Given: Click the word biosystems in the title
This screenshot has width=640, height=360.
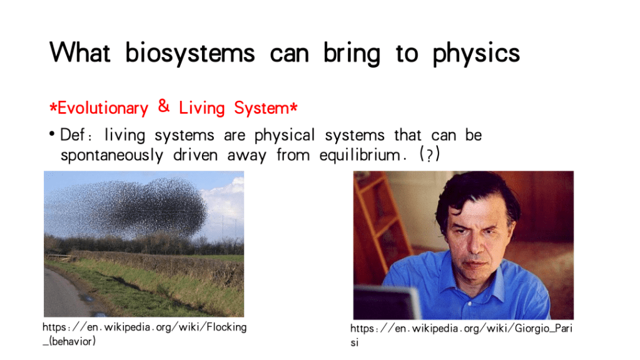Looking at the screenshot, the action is [190, 53].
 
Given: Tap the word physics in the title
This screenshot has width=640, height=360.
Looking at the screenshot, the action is [476, 53].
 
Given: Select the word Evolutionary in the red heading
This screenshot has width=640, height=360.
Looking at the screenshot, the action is [103, 108].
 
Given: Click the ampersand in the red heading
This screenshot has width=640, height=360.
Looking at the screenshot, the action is [164, 106].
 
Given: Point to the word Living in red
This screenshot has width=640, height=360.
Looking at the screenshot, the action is [202, 108].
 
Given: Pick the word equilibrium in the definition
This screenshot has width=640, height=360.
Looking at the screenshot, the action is [360, 155].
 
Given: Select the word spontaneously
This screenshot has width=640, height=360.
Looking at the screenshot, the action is [112, 156].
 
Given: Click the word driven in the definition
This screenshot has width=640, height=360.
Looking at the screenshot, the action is [196, 155].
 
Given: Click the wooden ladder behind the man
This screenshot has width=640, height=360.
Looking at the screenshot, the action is [377, 217].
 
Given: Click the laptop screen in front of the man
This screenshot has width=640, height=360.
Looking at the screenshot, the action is [386, 303].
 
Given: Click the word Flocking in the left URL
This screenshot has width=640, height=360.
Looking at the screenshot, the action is [226, 327].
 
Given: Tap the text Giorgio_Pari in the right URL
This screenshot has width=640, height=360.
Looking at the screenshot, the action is [543, 329].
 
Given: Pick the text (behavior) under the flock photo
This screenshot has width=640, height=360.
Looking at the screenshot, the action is [72, 341].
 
